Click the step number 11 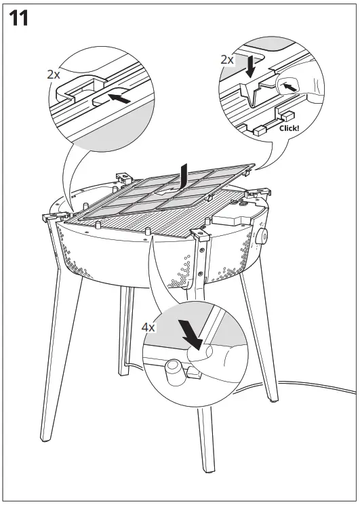coord(19,18)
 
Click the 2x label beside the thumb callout coord(227,60)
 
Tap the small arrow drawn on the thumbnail coord(289,87)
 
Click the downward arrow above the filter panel coord(183,178)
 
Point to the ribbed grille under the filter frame coord(136,220)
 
